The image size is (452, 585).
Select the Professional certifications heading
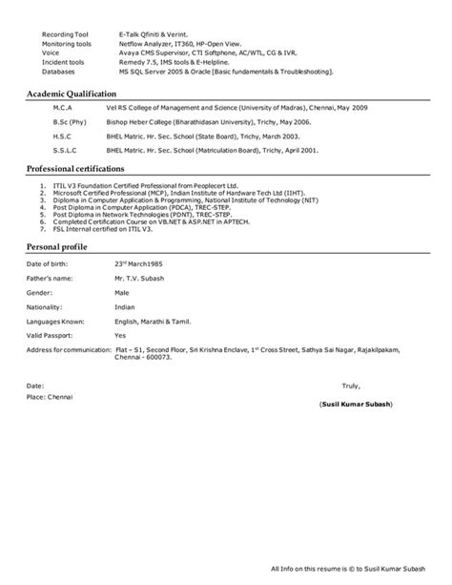point(76,167)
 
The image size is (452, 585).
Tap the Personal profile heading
point(56,246)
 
